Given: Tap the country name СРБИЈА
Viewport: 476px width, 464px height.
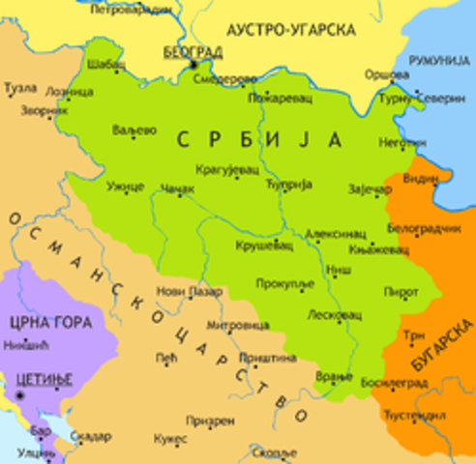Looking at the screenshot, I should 259,140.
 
